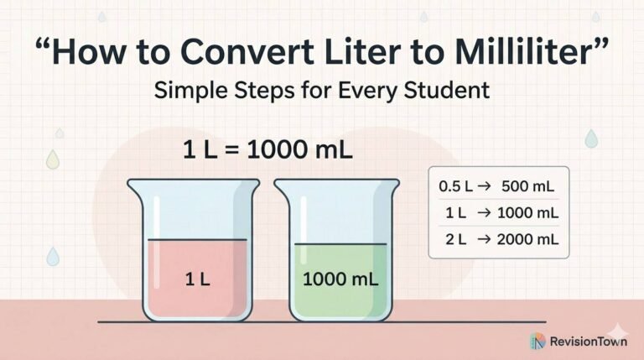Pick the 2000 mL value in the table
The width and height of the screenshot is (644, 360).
tap(527, 239)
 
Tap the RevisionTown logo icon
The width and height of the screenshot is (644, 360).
tap(538, 342)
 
